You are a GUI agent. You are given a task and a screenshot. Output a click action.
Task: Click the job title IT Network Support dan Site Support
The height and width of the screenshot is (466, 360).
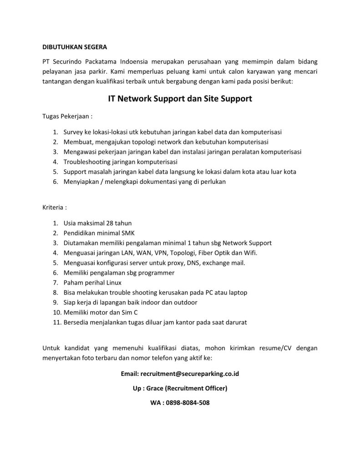(x=180, y=98)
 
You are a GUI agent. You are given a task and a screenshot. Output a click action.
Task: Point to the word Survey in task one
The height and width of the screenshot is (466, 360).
(x=74, y=132)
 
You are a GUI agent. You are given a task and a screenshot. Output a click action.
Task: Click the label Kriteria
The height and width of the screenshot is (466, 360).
(x=55, y=207)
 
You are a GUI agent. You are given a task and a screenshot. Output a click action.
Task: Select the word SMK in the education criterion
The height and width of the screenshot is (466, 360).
(x=122, y=233)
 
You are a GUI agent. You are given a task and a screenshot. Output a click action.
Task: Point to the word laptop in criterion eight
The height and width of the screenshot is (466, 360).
(x=238, y=292)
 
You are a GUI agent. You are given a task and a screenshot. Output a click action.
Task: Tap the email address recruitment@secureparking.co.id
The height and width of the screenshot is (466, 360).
(x=190, y=374)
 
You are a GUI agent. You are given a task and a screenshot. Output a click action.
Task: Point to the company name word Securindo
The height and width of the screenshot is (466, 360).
(x=68, y=61)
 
